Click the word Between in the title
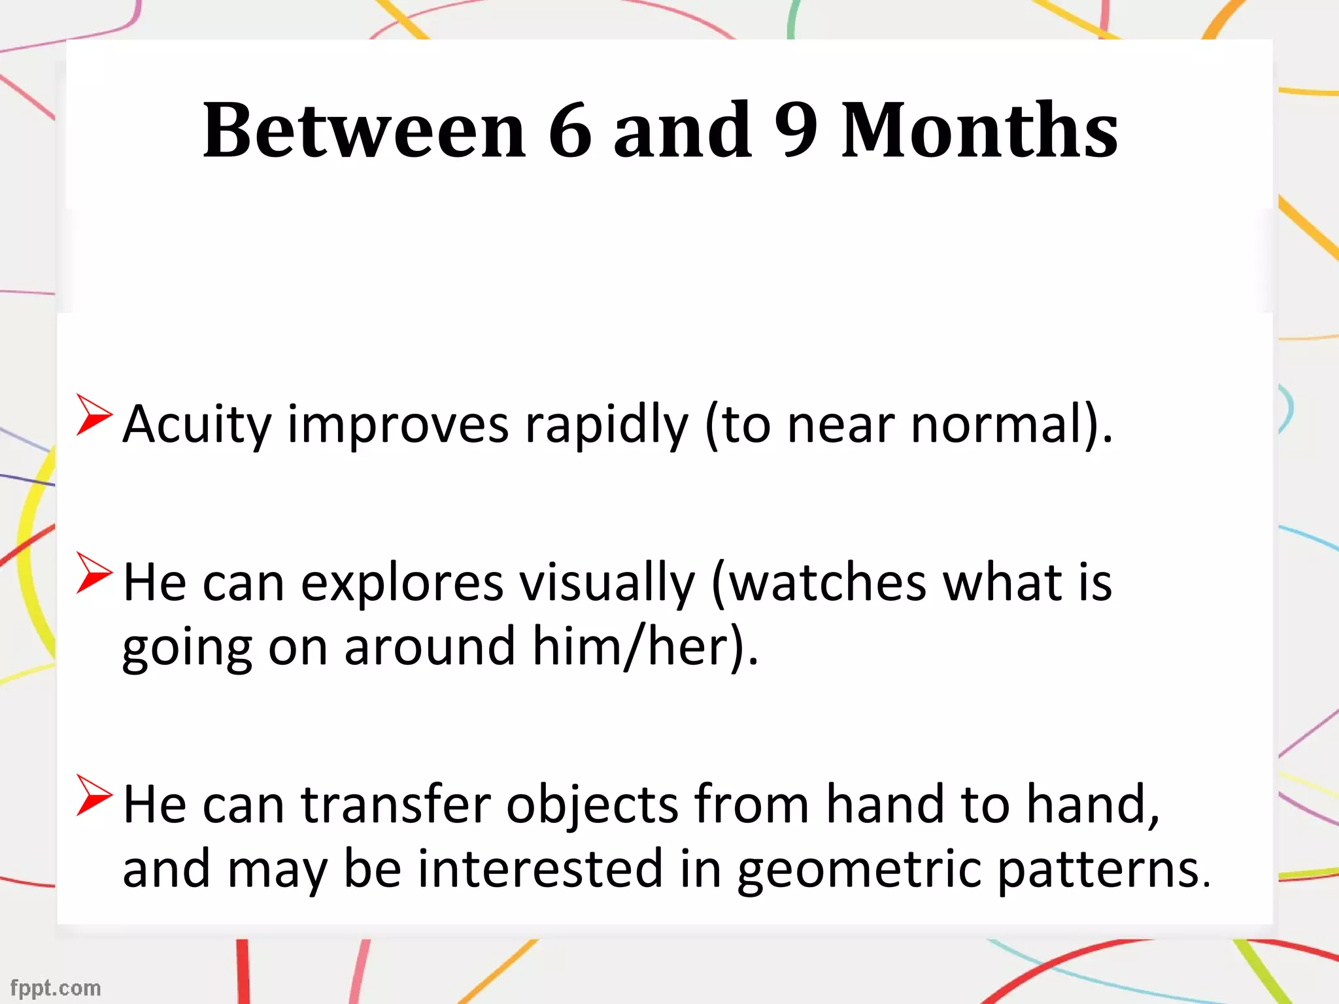pos(364,131)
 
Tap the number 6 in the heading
pos(569,131)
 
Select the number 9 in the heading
pos(796,131)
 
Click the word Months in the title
pos(979,131)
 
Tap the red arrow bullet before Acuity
pos(93,414)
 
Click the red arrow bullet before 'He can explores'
pos(93,573)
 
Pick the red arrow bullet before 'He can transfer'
pos(93,795)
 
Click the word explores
pos(401,584)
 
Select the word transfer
pos(395,805)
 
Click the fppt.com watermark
pos(56,988)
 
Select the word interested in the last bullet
pos(540,869)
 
